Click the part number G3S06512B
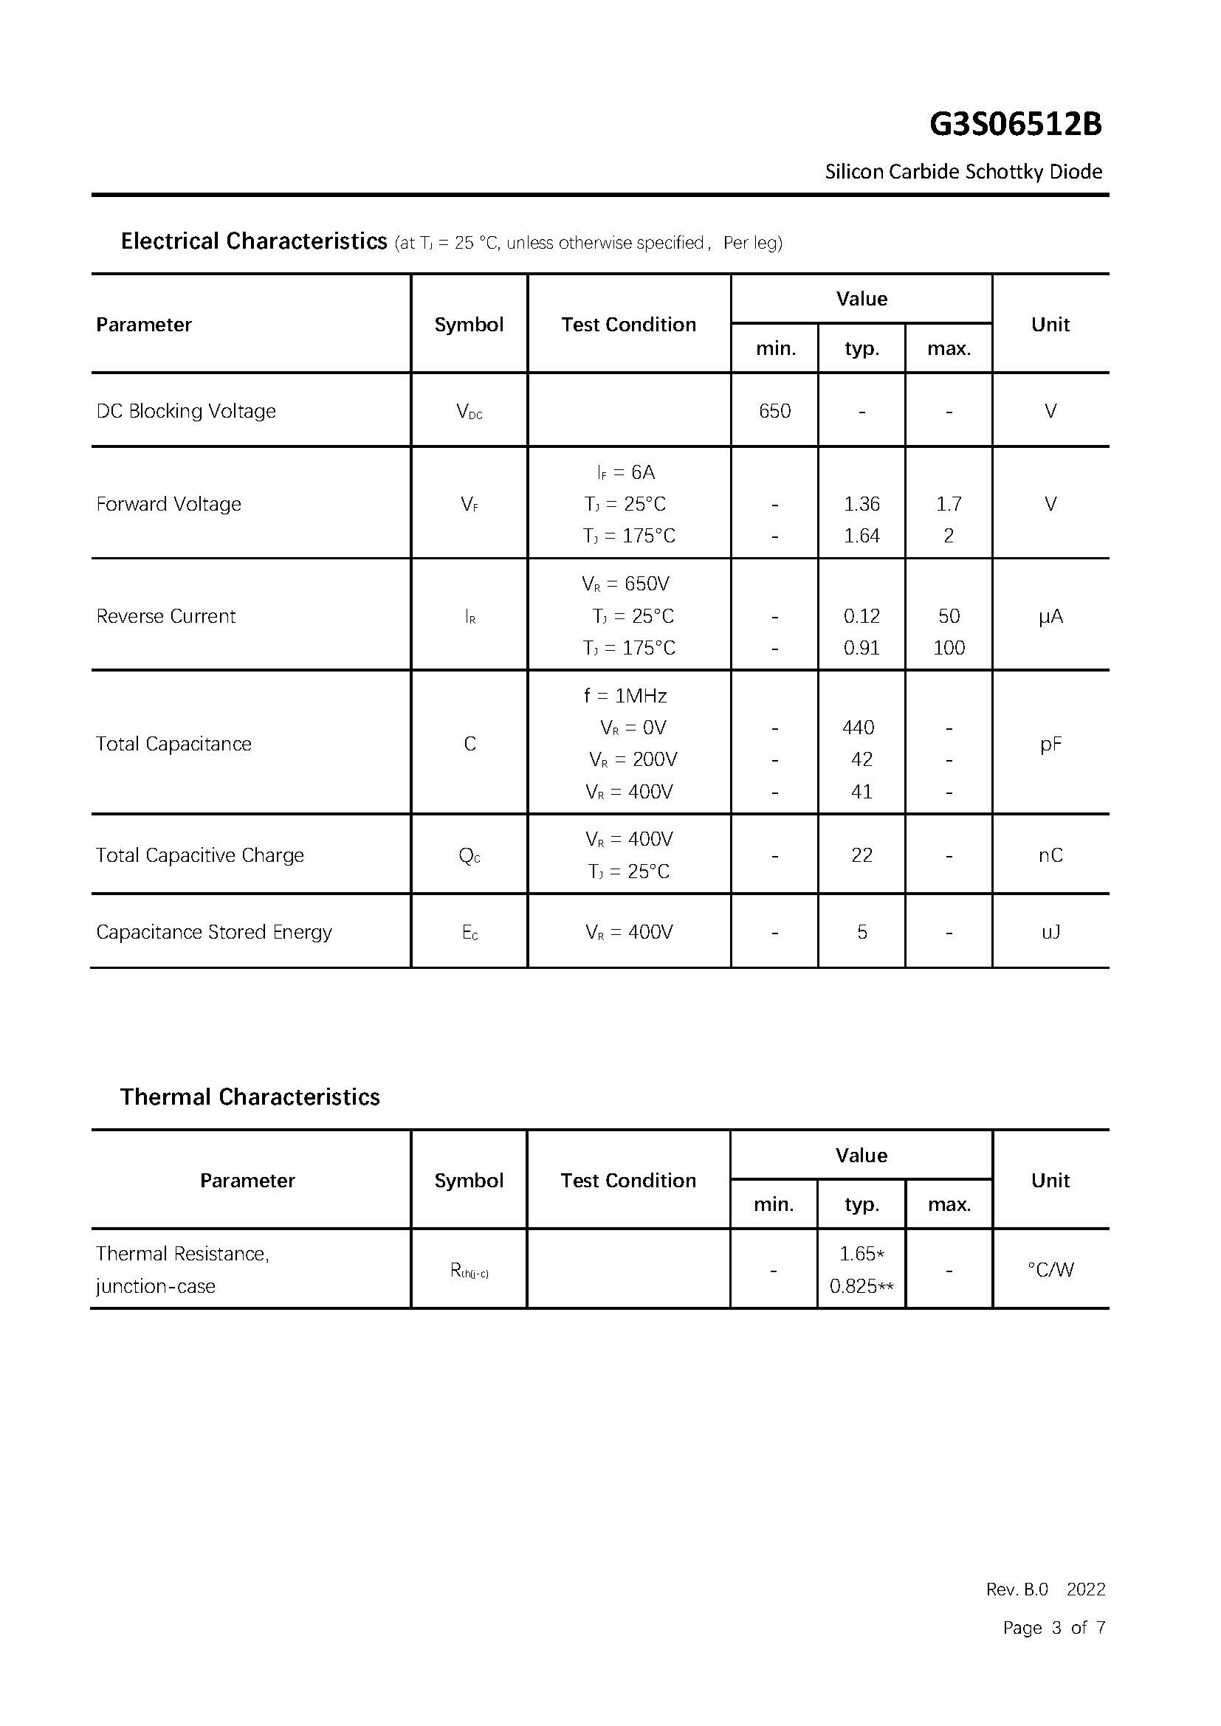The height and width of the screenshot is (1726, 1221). pos(1015,125)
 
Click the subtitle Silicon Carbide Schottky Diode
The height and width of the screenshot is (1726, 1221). pos(963,172)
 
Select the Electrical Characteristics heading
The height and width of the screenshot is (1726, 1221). pos(253,241)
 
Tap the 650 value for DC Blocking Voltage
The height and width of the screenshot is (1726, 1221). pos(774,411)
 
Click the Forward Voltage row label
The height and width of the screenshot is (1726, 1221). pos(168,504)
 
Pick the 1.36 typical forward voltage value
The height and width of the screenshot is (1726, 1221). pos(861,504)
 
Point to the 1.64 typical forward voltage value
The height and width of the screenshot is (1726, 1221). pos(861,536)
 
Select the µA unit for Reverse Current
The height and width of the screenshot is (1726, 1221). pos(1050,616)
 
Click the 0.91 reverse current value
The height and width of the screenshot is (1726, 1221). pos(861,648)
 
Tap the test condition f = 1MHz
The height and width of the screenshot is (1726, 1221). pos(625,696)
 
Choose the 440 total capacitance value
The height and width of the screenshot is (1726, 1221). pos(859,728)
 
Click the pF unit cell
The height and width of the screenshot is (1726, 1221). pos(1050,745)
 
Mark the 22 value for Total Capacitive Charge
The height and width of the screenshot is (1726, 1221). pos(861,855)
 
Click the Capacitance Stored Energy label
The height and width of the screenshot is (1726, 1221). pos(213,932)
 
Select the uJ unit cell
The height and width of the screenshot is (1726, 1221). pos(1050,932)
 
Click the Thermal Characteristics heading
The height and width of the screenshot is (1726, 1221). pos(250,1097)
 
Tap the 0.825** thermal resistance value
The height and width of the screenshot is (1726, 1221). pos(861,1286)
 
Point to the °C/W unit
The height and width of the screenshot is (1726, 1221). pos(1050,1270)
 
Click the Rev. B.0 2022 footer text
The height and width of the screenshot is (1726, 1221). pos(1045,1589)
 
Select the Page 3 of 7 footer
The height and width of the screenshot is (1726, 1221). pos(1053,1628)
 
